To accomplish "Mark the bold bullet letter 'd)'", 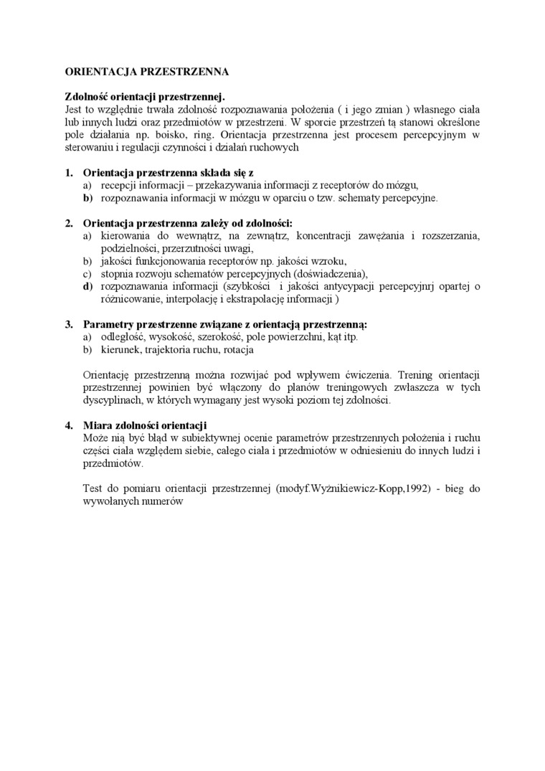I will (x=87, y=286).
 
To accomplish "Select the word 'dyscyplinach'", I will (x=112, y=399).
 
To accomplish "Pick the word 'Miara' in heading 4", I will (x=98, y=425).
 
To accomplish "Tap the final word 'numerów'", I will (x=165, y=502).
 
